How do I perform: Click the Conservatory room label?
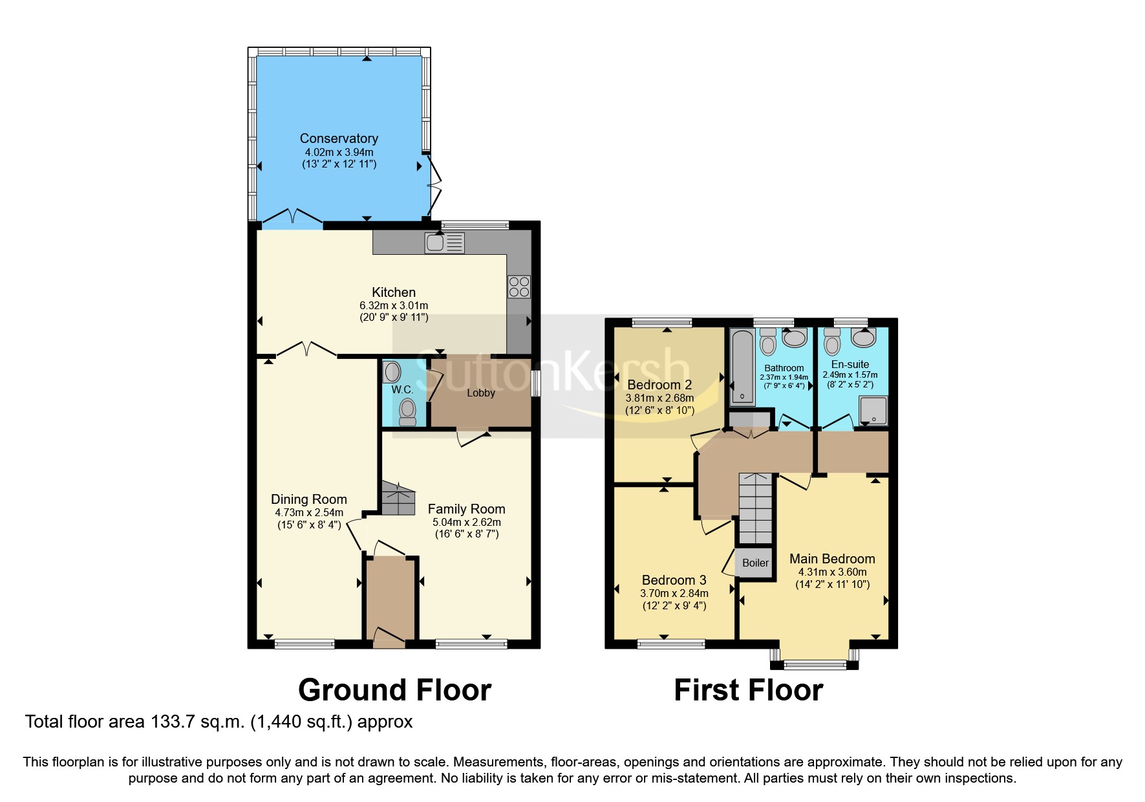(x=339, y=138)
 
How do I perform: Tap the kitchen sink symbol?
(x=444, y=243)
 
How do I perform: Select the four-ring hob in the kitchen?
(x=519, y=287)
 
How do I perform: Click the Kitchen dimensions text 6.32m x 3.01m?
(x=394, y=305)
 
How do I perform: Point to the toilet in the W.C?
(x=407, y=411)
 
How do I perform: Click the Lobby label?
(x=481, y=393)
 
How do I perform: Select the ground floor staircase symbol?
(x=398, y=499)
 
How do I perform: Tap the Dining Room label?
(x=308, y=499)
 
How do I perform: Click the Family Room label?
(x=466, y=509)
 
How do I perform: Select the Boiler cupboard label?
(x=755, y=563)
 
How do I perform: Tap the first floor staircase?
(x=755, y=508)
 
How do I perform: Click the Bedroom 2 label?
(x=659, y=385)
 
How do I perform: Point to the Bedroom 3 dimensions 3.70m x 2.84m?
(x=674, y=593)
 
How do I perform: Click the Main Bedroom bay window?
(x=815, y=664)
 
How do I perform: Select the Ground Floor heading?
(x=394, y=690)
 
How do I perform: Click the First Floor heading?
(x=748, y=690)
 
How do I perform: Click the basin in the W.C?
(x=392, y=372)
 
